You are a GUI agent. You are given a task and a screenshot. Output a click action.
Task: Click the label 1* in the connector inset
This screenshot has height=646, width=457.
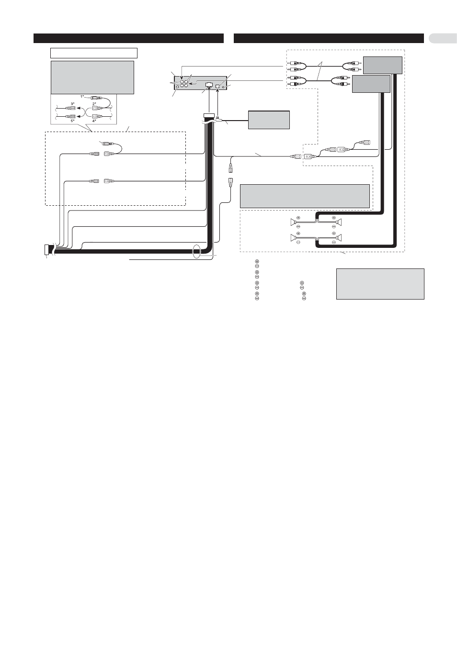82,97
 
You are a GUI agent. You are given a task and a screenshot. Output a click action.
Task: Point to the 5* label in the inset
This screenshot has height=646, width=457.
72,121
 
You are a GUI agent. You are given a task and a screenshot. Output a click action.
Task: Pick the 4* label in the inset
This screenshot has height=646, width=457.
94,121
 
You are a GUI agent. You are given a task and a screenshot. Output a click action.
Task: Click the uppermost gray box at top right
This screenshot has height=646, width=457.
383,65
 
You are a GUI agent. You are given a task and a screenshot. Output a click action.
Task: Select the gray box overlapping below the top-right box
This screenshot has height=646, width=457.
371,84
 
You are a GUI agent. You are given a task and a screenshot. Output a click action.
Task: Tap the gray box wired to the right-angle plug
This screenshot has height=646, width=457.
269,120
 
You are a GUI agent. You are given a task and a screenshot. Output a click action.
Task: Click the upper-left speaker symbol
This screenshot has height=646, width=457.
294,222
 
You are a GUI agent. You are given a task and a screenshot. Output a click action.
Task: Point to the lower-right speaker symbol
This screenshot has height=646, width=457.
339,238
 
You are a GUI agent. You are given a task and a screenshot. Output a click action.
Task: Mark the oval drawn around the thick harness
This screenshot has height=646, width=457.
196,251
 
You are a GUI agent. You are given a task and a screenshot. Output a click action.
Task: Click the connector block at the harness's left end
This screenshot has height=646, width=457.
47,250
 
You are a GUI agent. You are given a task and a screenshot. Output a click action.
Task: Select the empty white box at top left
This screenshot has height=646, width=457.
94,53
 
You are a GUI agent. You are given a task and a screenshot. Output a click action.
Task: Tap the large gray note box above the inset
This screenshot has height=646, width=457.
92,78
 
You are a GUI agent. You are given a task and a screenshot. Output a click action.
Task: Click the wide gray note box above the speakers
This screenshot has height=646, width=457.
305,196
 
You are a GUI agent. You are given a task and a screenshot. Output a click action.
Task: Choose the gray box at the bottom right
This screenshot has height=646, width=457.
380,284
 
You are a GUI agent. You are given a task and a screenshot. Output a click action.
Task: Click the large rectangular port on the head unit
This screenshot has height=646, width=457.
209,85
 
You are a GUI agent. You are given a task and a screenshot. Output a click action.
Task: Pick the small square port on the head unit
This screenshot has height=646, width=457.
218,86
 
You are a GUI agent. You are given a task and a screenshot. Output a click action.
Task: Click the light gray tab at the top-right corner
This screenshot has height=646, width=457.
443,38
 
